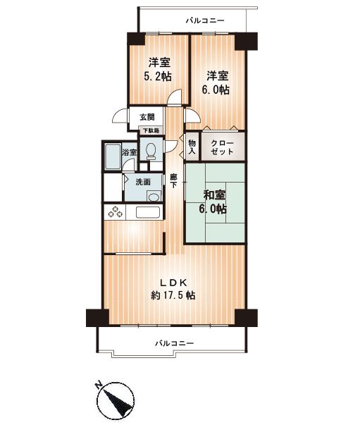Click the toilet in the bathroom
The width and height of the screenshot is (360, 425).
point(150,152)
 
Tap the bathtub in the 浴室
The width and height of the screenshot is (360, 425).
point(113,157)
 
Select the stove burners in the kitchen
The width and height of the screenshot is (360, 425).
point(115,212)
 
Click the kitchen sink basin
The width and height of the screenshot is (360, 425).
point(147,212)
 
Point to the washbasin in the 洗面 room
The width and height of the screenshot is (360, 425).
point(154,196)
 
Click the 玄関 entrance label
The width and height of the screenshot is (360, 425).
point(147,117)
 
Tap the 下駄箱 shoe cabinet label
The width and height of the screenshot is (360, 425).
point(151,130)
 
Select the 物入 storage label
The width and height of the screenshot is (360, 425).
point(192,147)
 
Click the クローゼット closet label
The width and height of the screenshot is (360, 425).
point(222,147)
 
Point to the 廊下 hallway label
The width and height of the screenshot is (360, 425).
point(173,181)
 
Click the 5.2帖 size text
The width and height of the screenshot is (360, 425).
point(158,77)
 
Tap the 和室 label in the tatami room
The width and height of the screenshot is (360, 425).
point(214,195)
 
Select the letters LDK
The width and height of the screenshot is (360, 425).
point(173,283)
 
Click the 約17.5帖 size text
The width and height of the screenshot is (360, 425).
point(173,295)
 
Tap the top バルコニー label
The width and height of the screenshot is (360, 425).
point(205,20)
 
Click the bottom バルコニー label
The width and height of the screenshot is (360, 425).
point(175,344)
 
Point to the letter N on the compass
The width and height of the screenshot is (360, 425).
point(98,385)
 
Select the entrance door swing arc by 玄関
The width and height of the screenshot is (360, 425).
point(119,116)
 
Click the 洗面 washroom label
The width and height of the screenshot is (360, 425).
point(143,182)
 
